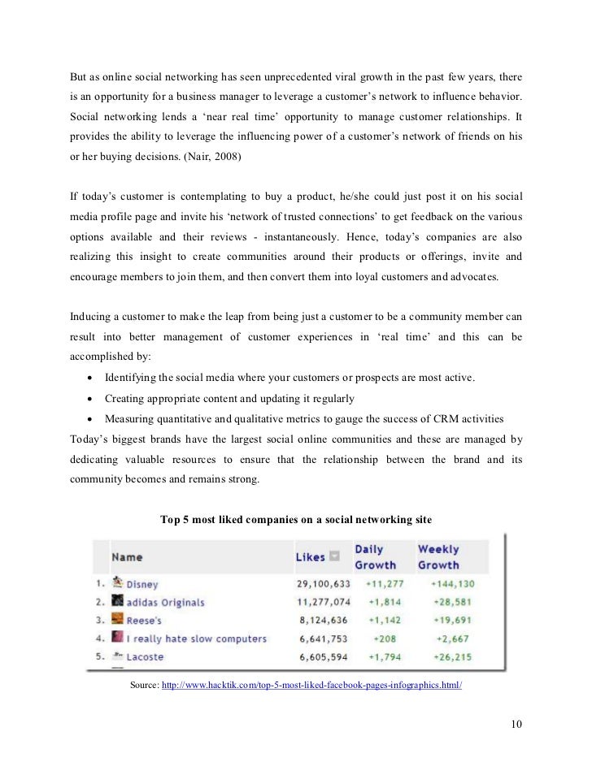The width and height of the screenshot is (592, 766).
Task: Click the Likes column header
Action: pos(309,556)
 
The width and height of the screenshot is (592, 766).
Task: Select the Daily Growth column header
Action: pos(375,557)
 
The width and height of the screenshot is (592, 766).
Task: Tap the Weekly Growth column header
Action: pos(438,557)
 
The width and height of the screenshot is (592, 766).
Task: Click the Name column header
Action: pos(126,557)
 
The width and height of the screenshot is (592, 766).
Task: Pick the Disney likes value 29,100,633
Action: pos(323,584)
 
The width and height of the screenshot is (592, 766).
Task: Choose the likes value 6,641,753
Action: pos(323,638)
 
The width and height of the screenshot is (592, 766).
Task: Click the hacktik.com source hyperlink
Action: pos(312,686)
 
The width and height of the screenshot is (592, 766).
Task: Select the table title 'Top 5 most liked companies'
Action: pos(296,519)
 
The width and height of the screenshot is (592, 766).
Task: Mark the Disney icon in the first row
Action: pos(117,582)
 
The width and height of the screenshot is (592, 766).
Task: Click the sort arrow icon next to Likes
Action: pos(333,556)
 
